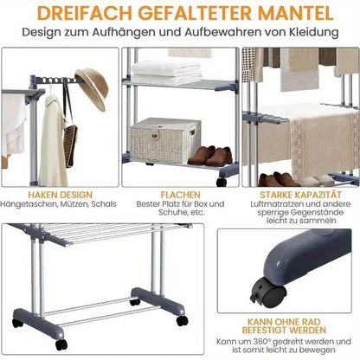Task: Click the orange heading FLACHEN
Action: pos(179,196)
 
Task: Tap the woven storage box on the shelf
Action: pos(164,140)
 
